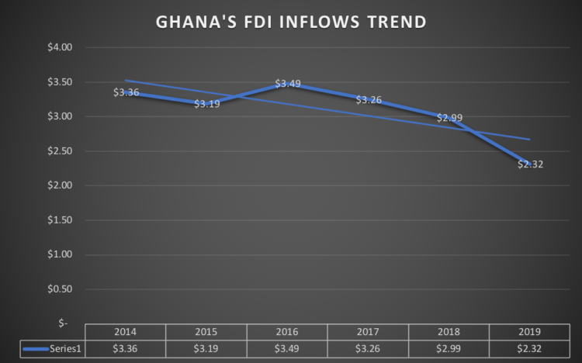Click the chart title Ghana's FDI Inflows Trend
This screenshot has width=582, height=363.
[x=290, y=22]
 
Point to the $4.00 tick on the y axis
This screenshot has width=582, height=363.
[x=61, y=47]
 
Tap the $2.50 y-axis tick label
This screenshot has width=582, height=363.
[x=61, y=151]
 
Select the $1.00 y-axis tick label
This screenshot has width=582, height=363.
[x=61, y=254]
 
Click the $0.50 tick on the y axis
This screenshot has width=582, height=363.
[x=61, y=289]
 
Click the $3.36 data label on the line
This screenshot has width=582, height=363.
[x=126, y=92]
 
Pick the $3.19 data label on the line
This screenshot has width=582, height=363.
[x=206, y=103]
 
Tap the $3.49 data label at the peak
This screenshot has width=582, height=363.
[x=288, y=83]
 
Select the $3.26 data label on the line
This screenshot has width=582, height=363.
[x=369, y=99]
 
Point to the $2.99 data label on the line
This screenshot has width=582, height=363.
[x=449, y=118]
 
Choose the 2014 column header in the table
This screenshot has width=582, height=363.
[x=125, y=331]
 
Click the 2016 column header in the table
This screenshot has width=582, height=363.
[x=287, y=331]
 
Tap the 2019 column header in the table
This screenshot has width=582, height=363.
[x=530, y=331]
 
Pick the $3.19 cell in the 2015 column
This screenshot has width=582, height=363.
[x=206, y=348]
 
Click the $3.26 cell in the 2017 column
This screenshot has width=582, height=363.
[x=369, y=348]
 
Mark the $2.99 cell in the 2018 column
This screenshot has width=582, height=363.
[x=449, y=348]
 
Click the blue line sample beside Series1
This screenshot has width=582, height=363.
[x=36, y=349]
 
